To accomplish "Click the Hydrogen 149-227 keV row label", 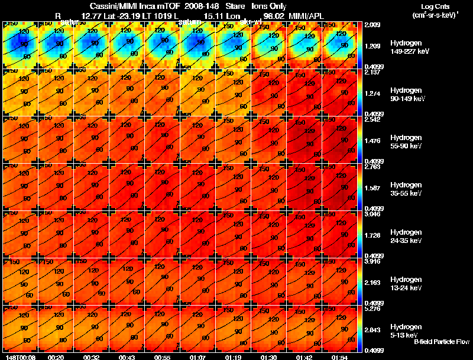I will pos(406,47).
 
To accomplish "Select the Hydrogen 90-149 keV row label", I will pos(406,95).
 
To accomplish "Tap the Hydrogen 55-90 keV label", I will pos(406,142).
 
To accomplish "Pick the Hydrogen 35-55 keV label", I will pos(406,189).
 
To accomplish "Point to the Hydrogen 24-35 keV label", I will pos(406,236).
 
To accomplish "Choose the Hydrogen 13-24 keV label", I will pos(406,284).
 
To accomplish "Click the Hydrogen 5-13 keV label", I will pos(406,330).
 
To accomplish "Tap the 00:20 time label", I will pos(56,357).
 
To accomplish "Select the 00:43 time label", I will pos(126,357).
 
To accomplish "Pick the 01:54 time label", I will pos(338,357).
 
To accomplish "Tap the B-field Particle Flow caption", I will pos(441,342).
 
